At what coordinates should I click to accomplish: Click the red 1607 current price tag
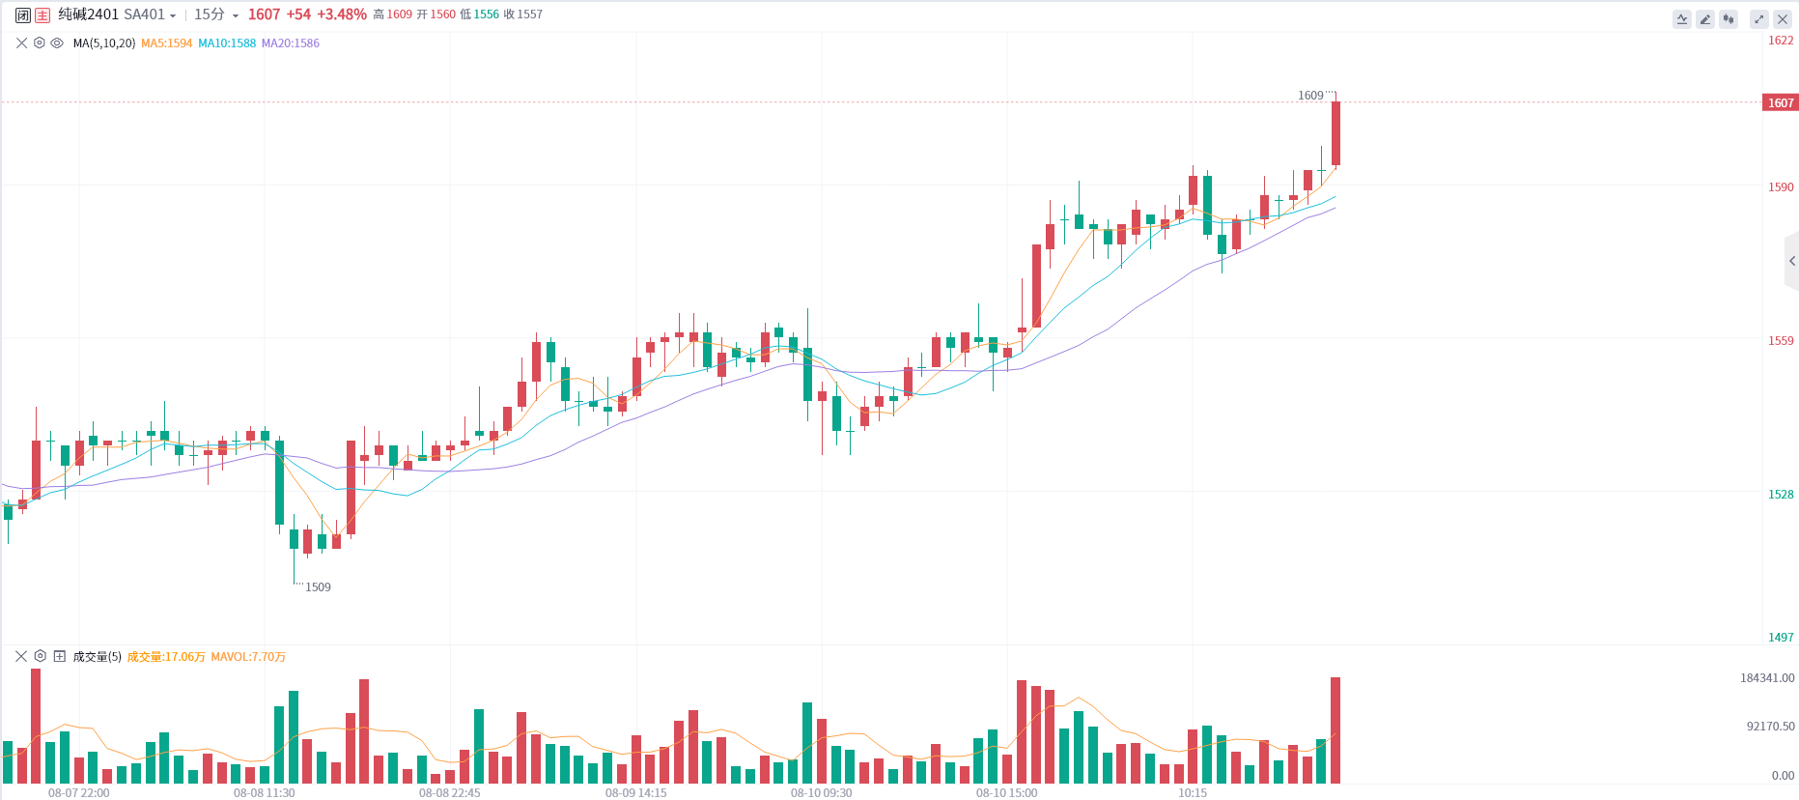(1781, 103)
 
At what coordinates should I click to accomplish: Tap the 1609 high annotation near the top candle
(1310, 96)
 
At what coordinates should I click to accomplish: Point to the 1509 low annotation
(318, 587)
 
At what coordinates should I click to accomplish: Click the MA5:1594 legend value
(166, 43)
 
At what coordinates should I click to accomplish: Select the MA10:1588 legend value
(227, 43)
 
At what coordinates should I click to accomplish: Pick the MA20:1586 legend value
(290, 43)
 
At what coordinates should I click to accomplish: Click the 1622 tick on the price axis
(1781, 41)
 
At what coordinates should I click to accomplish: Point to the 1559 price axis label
(1781, 341)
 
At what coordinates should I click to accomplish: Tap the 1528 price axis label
(1781, 495)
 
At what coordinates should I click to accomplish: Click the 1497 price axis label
(1781, 638)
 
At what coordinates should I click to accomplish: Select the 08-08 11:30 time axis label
(264, 793)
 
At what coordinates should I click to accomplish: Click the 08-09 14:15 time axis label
(635, 793)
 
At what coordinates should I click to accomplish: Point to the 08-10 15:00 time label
(1006, 793)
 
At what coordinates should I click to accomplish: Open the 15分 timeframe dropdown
(215, 14)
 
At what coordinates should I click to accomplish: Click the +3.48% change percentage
(342, 14)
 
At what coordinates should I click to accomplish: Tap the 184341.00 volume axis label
(1767, 678)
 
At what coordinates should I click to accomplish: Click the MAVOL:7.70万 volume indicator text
(248, 657)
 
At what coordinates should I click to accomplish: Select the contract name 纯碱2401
(89, 14)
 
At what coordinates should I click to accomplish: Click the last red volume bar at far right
(1335, 730)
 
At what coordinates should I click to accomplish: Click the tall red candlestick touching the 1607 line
(1335, 133)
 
